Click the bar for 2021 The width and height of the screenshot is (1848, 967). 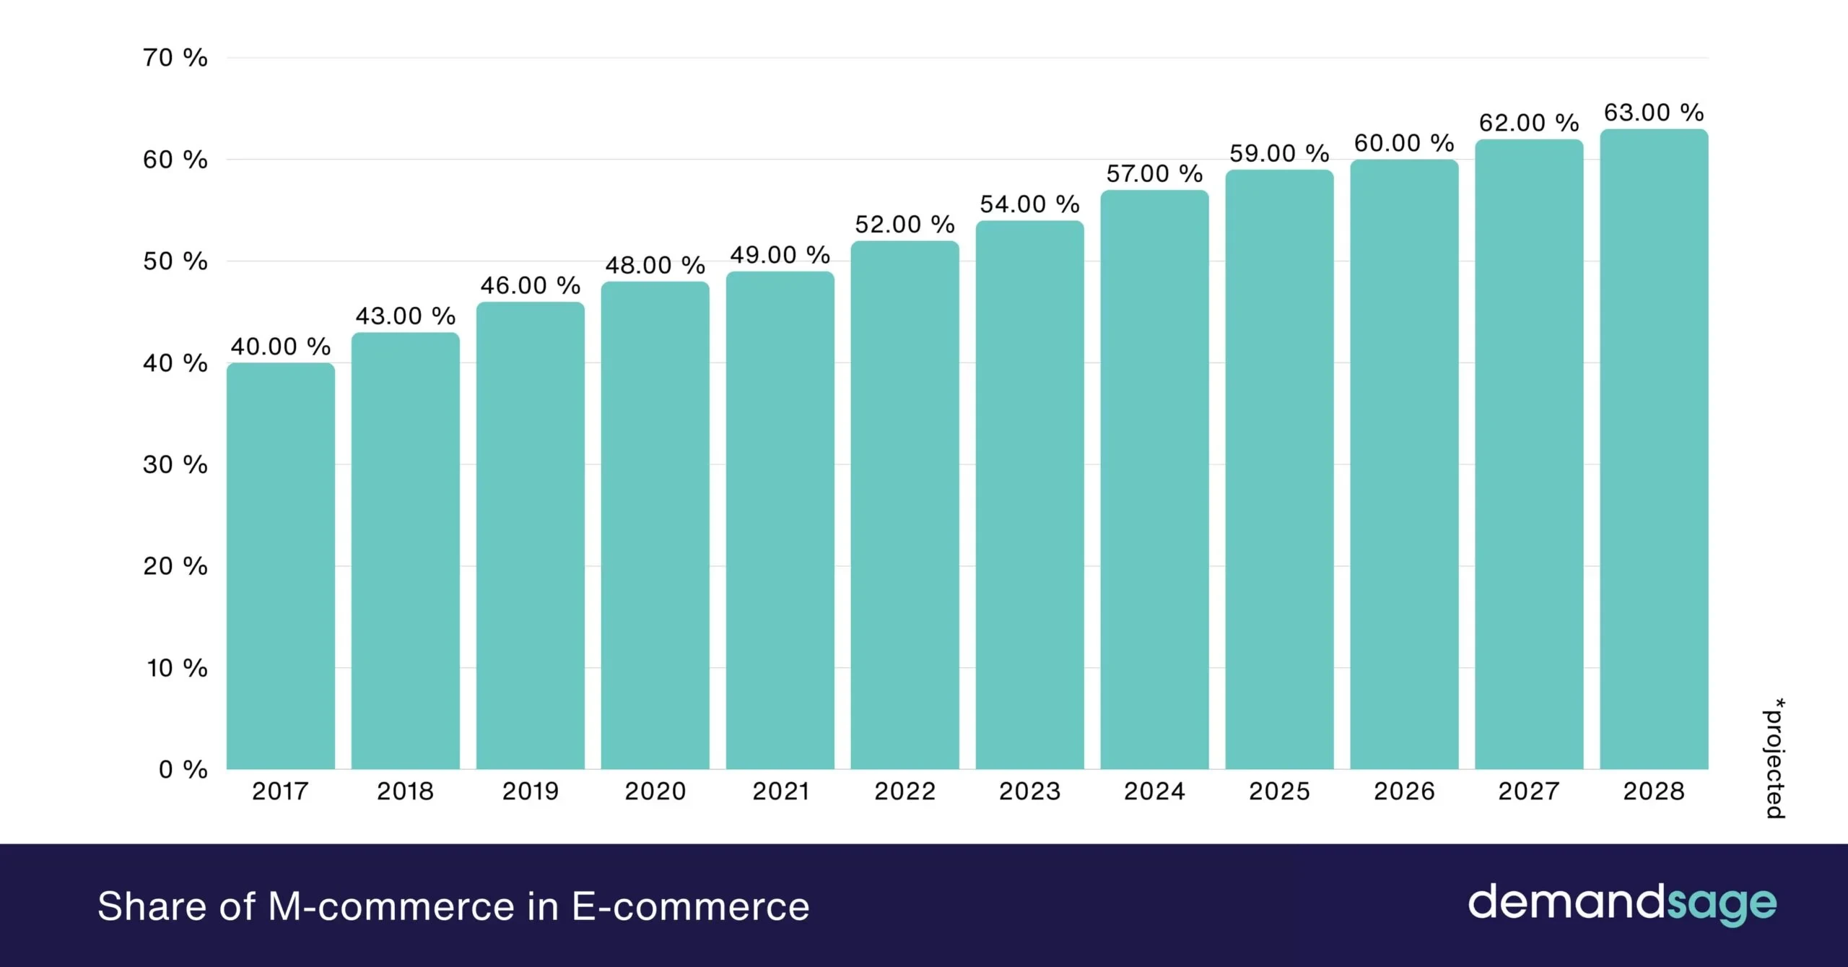coord(780,520)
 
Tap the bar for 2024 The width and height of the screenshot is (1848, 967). coord(1154,480)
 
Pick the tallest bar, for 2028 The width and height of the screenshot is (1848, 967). coord(1654,449)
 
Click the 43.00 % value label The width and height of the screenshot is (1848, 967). coord(405,316)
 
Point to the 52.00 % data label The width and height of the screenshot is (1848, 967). coord(905,225)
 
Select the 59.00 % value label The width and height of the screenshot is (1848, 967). coord(1279,154)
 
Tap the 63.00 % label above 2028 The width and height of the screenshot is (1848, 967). coord(1654,113)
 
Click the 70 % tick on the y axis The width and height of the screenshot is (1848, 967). coord(175,58)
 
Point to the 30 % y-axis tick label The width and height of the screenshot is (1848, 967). coord(175,464)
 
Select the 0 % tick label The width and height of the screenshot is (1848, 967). coord(183,769)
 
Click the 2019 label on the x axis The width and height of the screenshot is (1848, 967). coord(530,792)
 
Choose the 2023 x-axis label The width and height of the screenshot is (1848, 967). coord(1029,792)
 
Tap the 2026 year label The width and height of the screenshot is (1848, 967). coord(1404,792)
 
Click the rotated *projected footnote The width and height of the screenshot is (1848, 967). coord(1774,758)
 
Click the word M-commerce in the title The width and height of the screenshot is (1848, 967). coord(391,906)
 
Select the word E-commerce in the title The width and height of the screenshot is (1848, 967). coord(690,906)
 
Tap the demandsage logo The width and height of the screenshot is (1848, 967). coord(1622,904)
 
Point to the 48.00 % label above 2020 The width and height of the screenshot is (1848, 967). coord(655,266)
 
